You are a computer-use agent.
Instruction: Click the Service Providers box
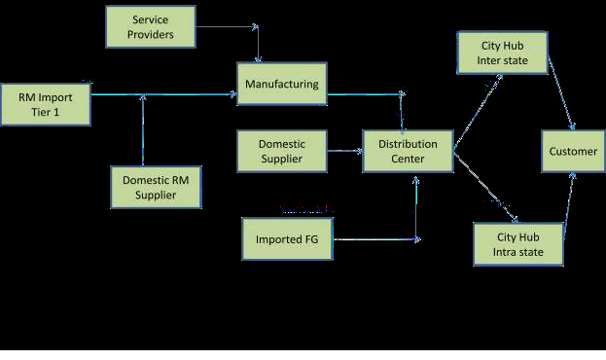(151, 26)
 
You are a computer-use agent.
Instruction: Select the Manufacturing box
(282, 84)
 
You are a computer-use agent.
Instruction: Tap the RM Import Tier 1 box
(46, 104)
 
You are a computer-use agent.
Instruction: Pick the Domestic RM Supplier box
(157, 188)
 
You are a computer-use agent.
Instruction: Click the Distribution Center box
(409, 151)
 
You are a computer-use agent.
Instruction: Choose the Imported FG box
(287, 239)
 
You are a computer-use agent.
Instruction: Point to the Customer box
(573, 151)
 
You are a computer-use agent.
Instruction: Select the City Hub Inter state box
(503, 53)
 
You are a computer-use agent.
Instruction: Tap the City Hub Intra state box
(518, 244)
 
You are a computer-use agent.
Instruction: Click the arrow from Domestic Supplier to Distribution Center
(344, 151)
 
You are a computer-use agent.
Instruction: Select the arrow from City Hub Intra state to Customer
(569, 203)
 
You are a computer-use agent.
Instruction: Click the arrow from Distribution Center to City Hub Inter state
(478, 112)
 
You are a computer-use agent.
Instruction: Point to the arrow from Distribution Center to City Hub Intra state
(485, 187)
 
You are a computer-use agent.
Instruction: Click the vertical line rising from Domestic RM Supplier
(143, 130)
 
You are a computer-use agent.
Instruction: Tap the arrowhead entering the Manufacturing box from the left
(233, 94)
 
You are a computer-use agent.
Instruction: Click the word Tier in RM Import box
(39, 112)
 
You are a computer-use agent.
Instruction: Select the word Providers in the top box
(151, 34)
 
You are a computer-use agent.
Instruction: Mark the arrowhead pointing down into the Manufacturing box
(258, 59)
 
